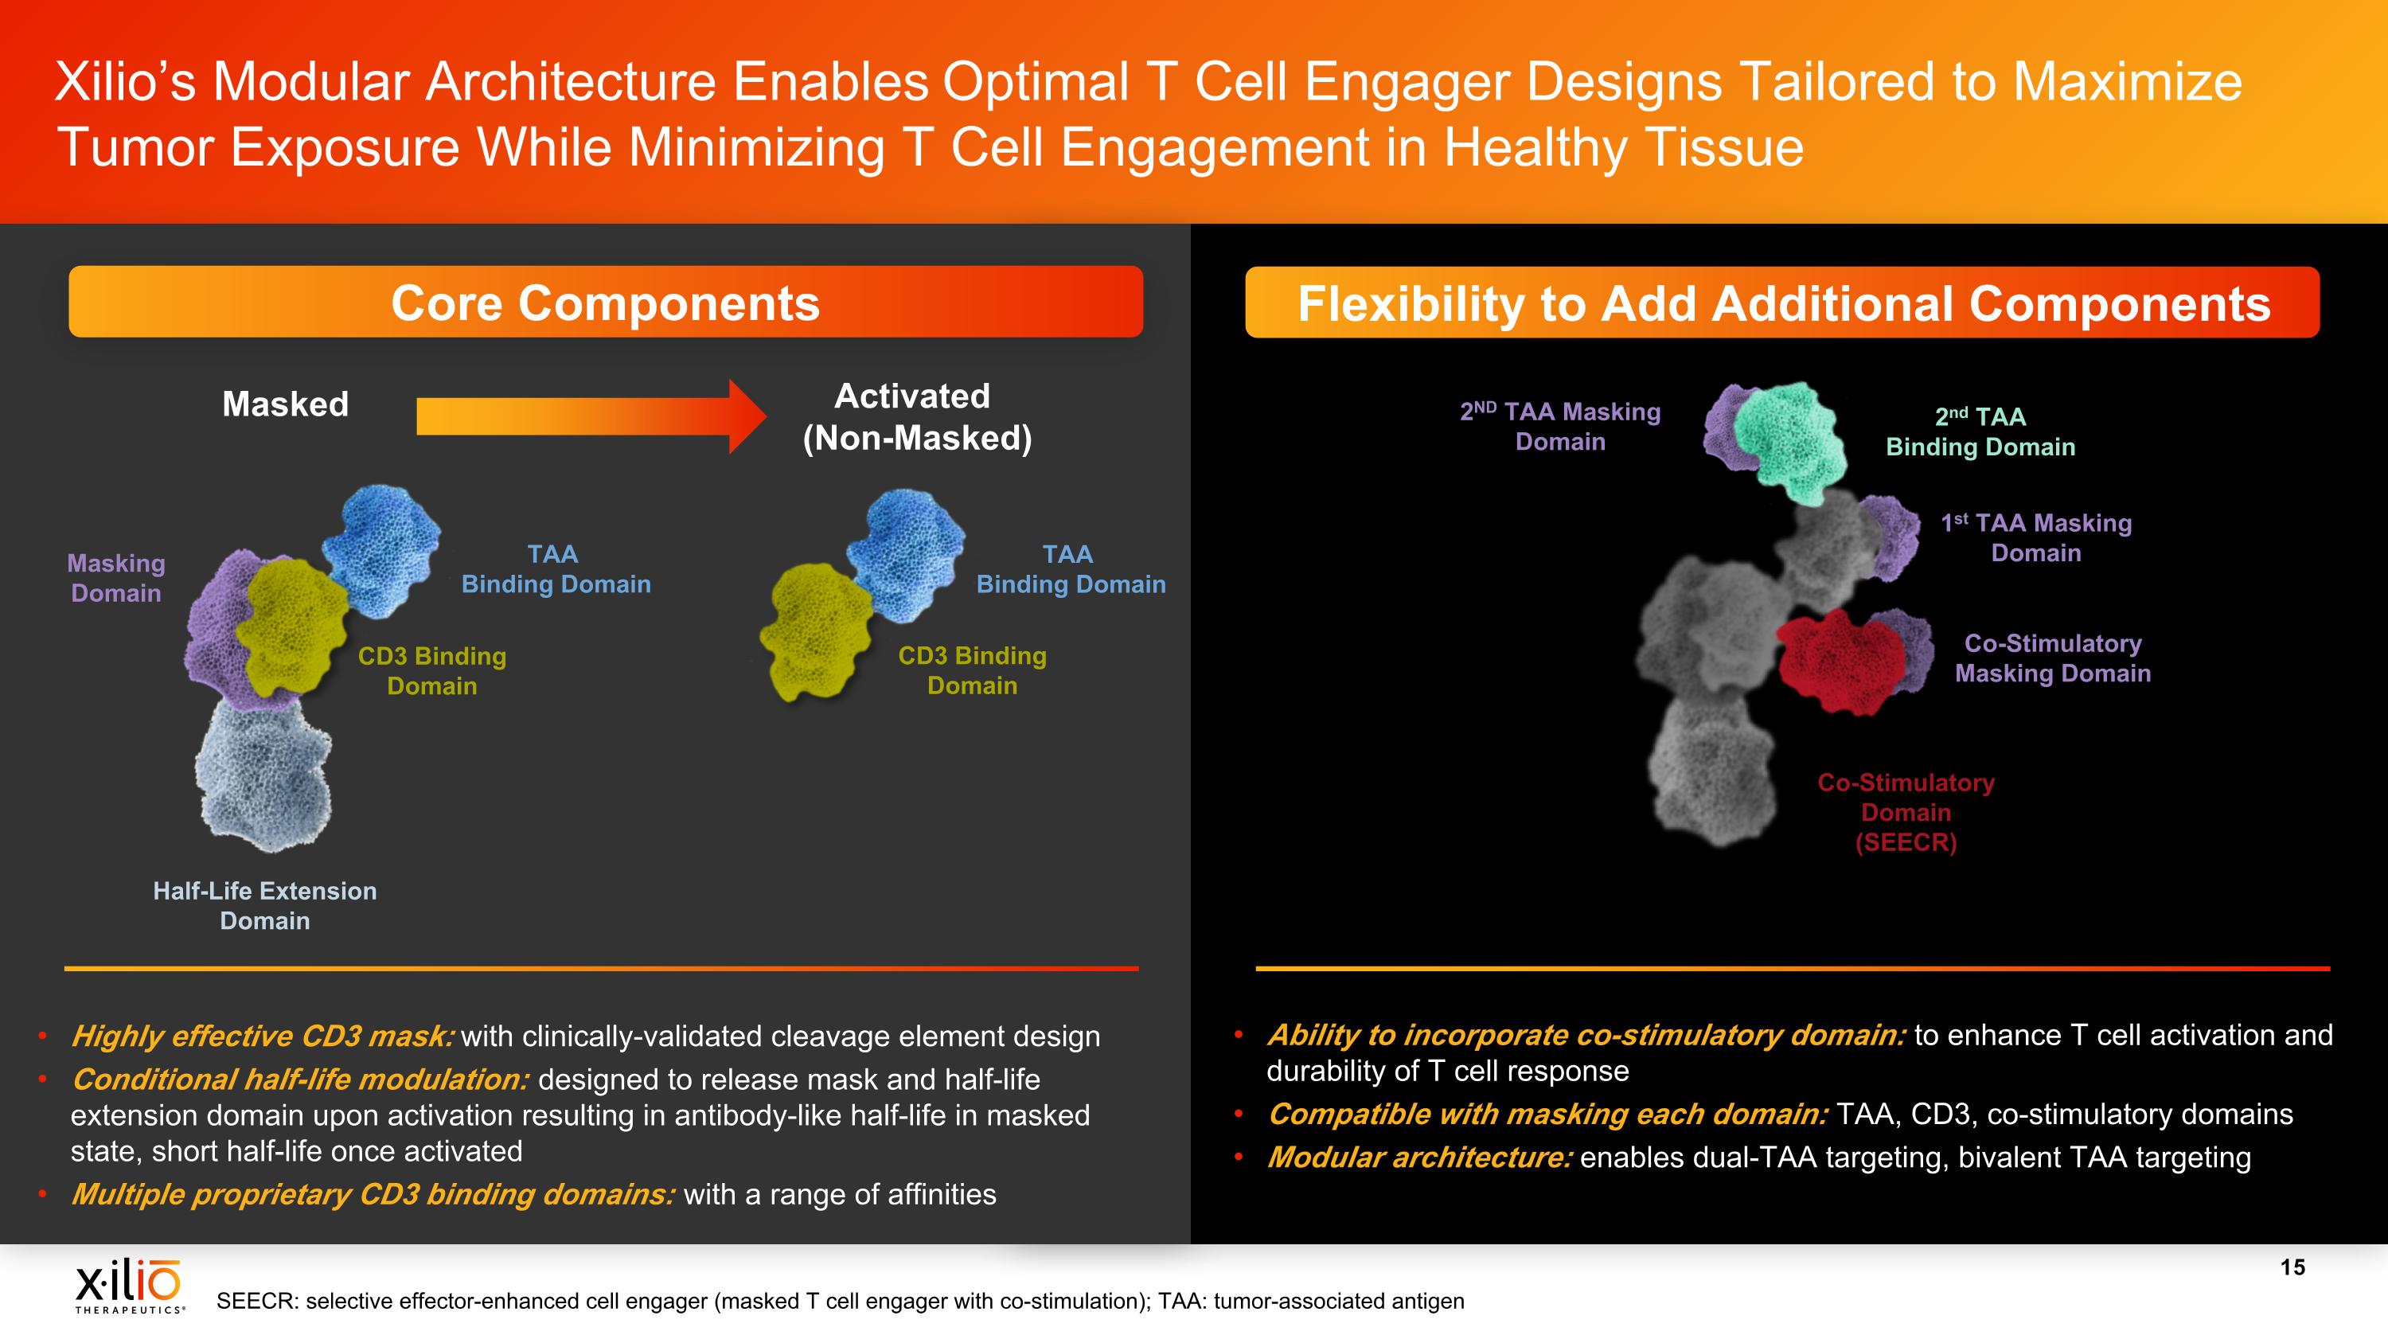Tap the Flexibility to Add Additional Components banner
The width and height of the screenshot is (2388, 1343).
pyautogui.click(x=1781, y=303)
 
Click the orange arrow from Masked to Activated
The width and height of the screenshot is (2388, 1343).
pyautogui.click(x=591, y=416)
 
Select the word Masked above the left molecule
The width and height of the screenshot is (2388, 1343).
pyautogui.click(x=286, y=404)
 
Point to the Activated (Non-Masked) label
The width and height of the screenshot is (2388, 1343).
pyautogui.click(x=916, y=417)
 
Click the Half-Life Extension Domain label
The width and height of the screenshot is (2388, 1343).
pyautogui.click(x=265, y=905)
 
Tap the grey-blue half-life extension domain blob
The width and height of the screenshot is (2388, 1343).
pyautogui.click(x=263, y=775)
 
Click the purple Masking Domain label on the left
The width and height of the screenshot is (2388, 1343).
pyautogui.click(x=116, y=577)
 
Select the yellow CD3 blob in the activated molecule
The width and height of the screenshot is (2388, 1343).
pyautogui.click(x=812, y=631)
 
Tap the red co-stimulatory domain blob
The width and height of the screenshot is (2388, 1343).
pyautogui.click(x=1841, y=660)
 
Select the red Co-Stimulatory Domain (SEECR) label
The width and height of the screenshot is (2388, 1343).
pyautogui.click(x=1906, y=812)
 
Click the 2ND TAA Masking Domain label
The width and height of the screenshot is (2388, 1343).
pyautogui.click(x=1560, y=427)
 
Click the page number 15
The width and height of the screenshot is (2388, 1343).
pyautogui.click(x=2292, y=1267)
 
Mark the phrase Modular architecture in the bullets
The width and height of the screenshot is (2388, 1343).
pyautogui.click(x=1419, y=1157)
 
